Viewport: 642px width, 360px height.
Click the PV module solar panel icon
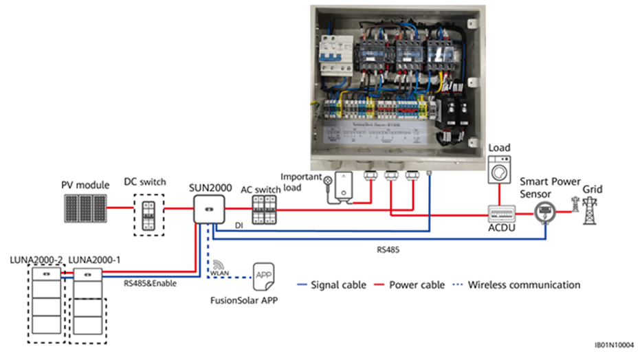pyautogui.click(x=85, y=205)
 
